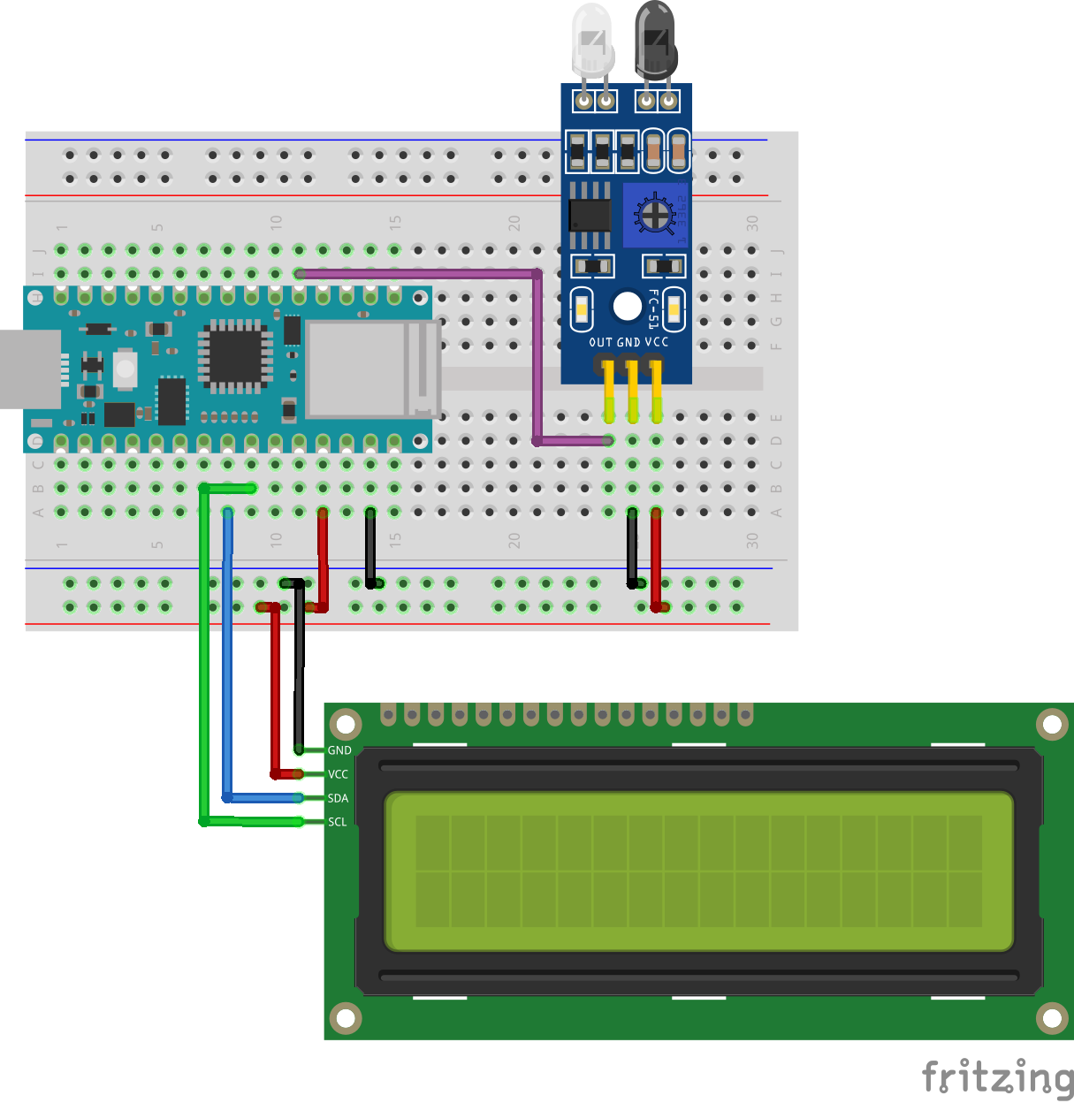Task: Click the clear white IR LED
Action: pos(592,40)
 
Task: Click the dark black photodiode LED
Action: pos(656,40)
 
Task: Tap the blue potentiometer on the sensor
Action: pos(655,215)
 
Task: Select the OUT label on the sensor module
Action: pos(601,342)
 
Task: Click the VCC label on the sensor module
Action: pos(657,342)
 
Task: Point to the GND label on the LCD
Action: pos(339,750)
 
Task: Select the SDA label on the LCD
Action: pos(338,798)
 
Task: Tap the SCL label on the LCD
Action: pos(337,822)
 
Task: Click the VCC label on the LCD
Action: pos(338,774)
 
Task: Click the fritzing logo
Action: pos(997,1078)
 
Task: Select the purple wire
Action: pos(537,354)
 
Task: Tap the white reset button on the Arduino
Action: pos(125,369)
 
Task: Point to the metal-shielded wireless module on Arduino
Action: pos(371,369)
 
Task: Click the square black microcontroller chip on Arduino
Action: pos(235,355)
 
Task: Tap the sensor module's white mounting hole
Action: pos(628,307)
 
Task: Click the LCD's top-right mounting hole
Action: pos(1052,725)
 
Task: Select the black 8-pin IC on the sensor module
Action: pos(589,215)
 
